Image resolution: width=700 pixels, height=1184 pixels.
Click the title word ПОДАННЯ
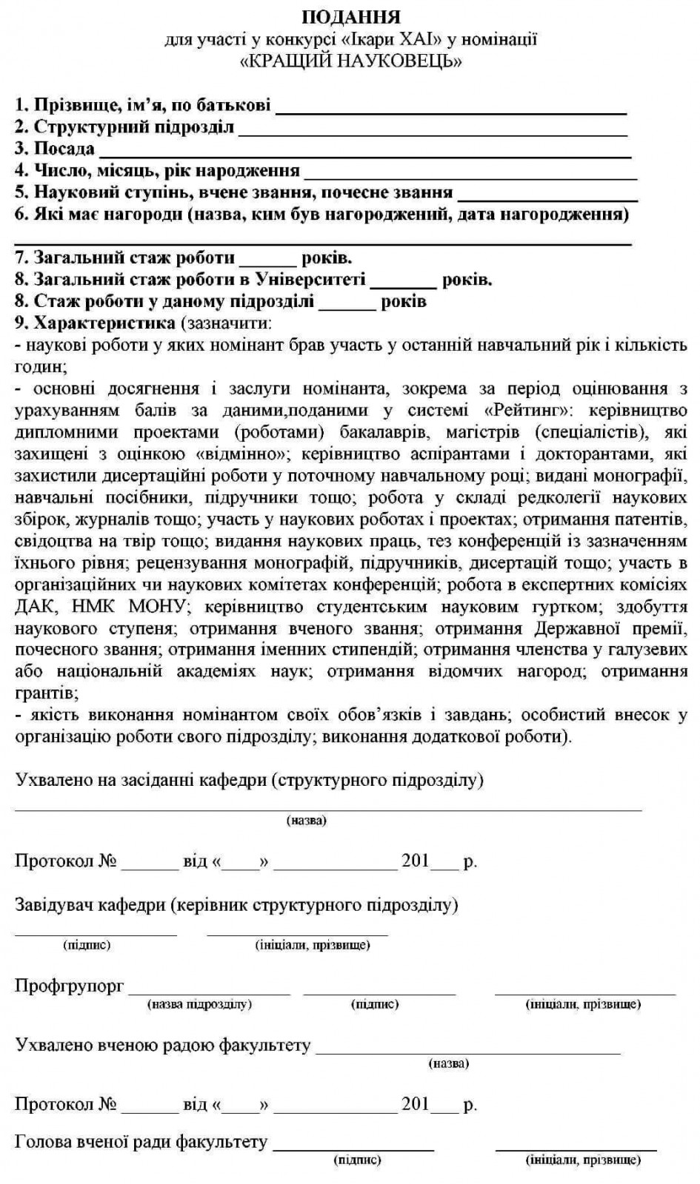[x=351, y=17]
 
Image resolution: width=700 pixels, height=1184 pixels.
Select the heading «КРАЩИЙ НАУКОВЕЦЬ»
[x=351, y=61]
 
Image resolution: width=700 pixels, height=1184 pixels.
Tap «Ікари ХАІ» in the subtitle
[x=385, y=39]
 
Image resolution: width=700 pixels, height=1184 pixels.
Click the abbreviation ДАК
[x=34, y=607]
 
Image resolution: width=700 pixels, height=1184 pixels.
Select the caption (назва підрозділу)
[x=200, y=1004]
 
